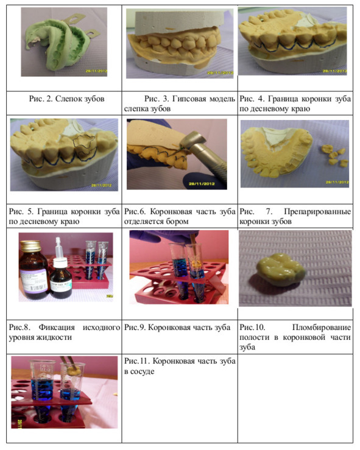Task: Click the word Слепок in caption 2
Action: click(x=68, y=99)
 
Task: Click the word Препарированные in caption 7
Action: click(x=317, y=211)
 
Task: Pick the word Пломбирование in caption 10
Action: click(x=322, y=327)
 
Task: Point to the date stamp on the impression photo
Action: click(x=96, y=71)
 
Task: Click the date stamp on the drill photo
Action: click(x=202, y=184)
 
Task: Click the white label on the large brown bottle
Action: click(x=34, y=280)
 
